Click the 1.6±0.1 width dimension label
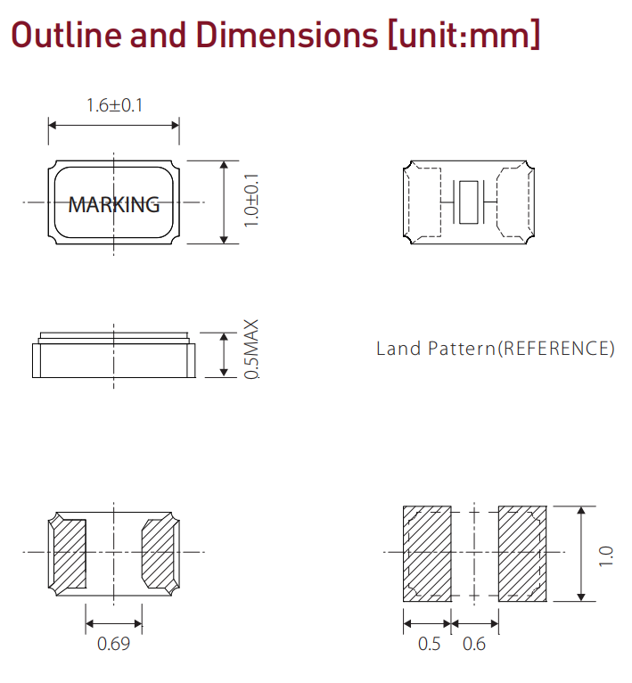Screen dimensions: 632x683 click(115, 105)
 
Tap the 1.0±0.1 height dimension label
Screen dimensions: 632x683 click(251, 200)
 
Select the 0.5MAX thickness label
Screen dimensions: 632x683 click(251, 350)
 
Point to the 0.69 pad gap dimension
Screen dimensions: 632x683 click(114, 644)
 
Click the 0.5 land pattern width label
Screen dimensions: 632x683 click(429, 644)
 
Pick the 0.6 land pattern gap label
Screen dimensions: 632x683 click(474, 644)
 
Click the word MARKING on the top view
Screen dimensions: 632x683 click(114, 205)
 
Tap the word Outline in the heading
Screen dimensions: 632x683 click(66, 35)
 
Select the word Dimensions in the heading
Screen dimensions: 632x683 click(287, 35)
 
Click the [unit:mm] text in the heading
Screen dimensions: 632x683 click(464, 35)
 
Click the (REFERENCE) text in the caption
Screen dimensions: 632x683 click(555, 349)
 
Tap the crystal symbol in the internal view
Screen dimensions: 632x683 click(469, 202)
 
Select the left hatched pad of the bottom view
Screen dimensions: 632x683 click(70, 553)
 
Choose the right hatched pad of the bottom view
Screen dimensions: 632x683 click(158, 553)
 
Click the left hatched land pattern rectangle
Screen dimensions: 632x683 click(427, 554)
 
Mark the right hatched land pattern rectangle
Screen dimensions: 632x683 click(522, 554)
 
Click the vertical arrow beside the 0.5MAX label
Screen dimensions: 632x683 click(224, 355)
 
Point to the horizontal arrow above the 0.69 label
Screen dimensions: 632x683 click(114, 624)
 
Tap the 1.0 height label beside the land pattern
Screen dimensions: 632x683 click(606, 555)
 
